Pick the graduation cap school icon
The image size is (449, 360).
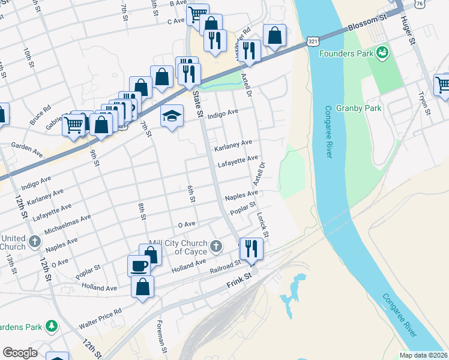172,115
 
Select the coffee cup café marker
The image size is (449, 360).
139,265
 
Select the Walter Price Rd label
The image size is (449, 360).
100,319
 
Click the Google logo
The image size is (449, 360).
20,353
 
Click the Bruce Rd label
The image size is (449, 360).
41,116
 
